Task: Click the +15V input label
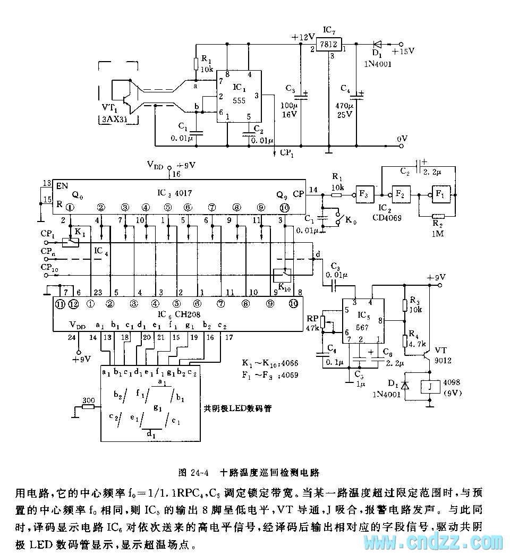point(403,52)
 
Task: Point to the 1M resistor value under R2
point(437,233)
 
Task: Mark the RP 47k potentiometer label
point(314,322)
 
